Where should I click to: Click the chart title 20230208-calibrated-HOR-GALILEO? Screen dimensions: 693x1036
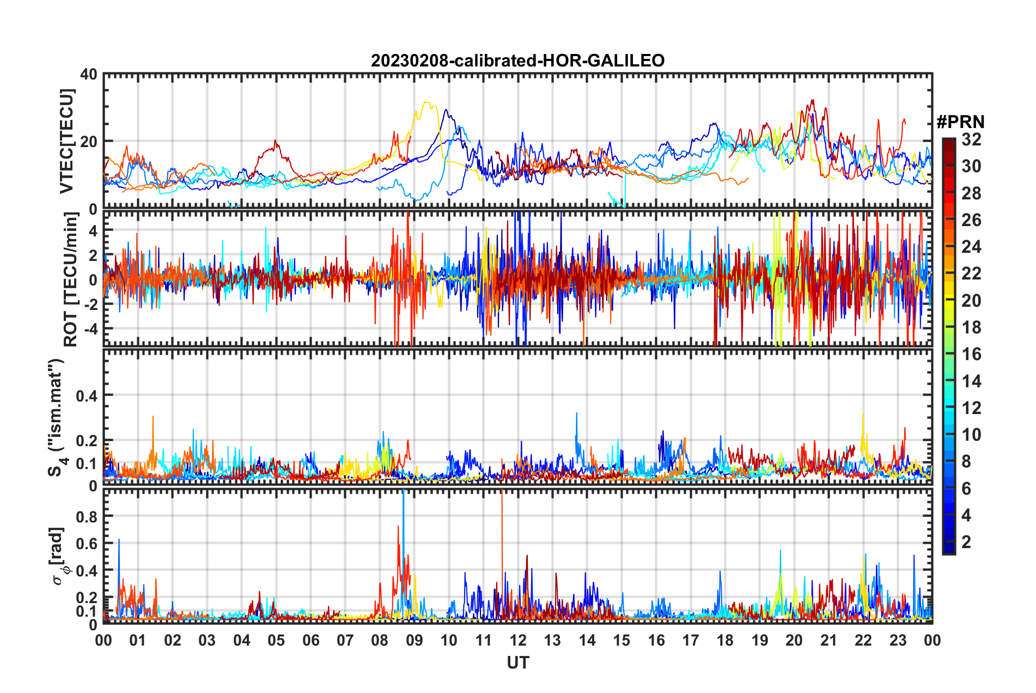click(517, 60)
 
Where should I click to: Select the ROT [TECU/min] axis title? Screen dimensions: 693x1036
click(71, 279)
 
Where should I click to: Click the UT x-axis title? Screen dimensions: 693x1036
click(517, 662)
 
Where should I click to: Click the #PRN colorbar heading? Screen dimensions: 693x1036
click(960, 121)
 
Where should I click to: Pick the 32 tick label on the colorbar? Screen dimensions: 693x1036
click(971, 139)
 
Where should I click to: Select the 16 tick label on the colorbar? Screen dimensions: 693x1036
click(971, 354)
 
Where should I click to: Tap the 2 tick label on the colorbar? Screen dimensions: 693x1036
click(966, 542)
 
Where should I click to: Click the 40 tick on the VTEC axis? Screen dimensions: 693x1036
click(89, 74)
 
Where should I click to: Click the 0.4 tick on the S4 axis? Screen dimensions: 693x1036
click(87, 396)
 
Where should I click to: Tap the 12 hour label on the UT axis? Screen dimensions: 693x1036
click(518, 640)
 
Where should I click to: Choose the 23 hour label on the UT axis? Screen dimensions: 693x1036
click(898, 640)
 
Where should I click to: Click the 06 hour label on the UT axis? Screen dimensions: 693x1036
click(311, 640)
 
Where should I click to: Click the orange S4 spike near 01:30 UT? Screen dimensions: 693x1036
click(153, 417)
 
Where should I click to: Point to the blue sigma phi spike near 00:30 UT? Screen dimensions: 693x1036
click(119, 540)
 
